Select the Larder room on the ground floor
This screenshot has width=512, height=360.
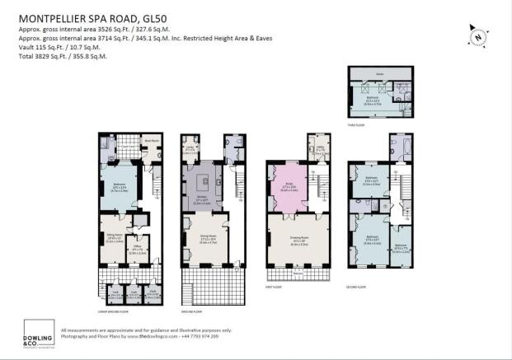point(190,148)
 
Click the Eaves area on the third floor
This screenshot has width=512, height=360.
point(379,73)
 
